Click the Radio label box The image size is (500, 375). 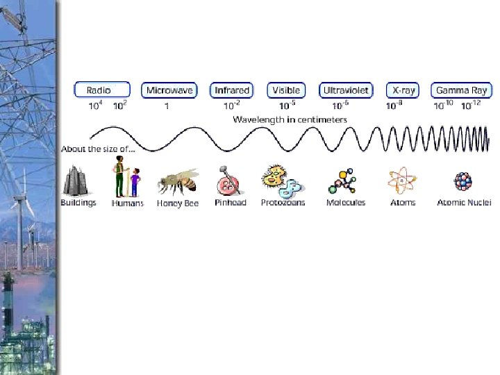[x=101, y=90]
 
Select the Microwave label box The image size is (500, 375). [x=169, y=90]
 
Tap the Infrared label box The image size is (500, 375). [x=232, y=90]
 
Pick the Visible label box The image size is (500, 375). [x=286, y=90]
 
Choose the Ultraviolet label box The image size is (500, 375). [x=346, y=90]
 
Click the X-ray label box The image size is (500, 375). [x=403, y=90]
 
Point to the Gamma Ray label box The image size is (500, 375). [x=461, y=90]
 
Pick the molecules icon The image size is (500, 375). [x=344, y=181]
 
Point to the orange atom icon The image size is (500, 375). [x=402, y=181]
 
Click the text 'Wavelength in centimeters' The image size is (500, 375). [x=290, y=119]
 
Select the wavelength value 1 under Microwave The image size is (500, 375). [x=167, y=106]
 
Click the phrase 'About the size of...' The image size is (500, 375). [x=98, y=149]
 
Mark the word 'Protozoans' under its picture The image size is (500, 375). [x=283, y=203]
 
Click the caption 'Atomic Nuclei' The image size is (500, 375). [x=464, y=203]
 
